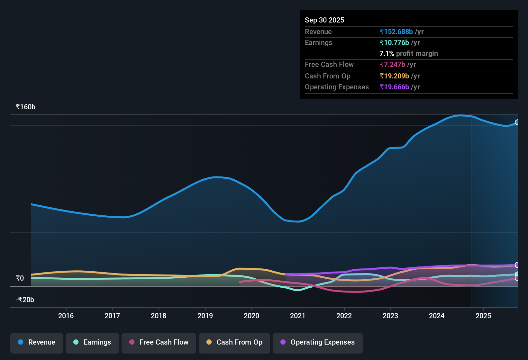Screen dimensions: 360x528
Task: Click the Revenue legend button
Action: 37,342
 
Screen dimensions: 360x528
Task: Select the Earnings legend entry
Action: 92,342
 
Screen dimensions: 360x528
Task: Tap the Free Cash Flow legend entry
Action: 159,342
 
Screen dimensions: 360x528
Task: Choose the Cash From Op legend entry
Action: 234,342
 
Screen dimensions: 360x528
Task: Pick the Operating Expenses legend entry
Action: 318,342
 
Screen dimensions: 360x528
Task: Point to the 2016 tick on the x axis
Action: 66,316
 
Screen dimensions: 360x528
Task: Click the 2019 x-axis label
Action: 205,316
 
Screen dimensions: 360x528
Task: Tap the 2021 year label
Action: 298,316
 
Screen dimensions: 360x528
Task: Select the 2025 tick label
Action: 483,316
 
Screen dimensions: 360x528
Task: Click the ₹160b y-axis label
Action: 25,107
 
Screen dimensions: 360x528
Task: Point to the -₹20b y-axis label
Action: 25,300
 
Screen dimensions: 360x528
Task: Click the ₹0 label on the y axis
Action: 20,278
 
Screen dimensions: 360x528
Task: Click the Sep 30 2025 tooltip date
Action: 324,20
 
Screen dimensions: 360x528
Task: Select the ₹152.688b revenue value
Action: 396,32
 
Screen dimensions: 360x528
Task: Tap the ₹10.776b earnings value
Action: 394,42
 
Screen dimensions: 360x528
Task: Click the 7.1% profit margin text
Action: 408,53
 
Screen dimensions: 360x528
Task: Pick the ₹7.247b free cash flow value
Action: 392,64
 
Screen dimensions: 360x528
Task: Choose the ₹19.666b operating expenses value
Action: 394,87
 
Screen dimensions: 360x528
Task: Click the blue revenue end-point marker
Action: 517,122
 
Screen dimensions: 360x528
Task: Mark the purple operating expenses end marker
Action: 517,265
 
